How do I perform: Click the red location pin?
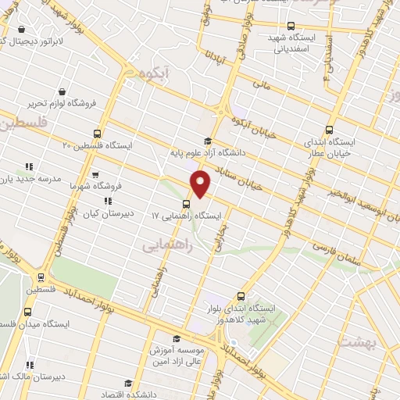(x=201, y=184)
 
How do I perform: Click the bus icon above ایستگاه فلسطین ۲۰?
(x=97, y=134)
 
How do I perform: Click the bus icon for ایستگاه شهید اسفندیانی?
(x=291, y=26)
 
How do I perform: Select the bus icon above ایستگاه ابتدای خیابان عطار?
(x=329, y=130)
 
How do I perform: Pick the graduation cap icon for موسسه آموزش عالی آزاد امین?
(x=177, y=339)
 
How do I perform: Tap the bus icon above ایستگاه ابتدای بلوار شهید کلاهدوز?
(x=240, y=297)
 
